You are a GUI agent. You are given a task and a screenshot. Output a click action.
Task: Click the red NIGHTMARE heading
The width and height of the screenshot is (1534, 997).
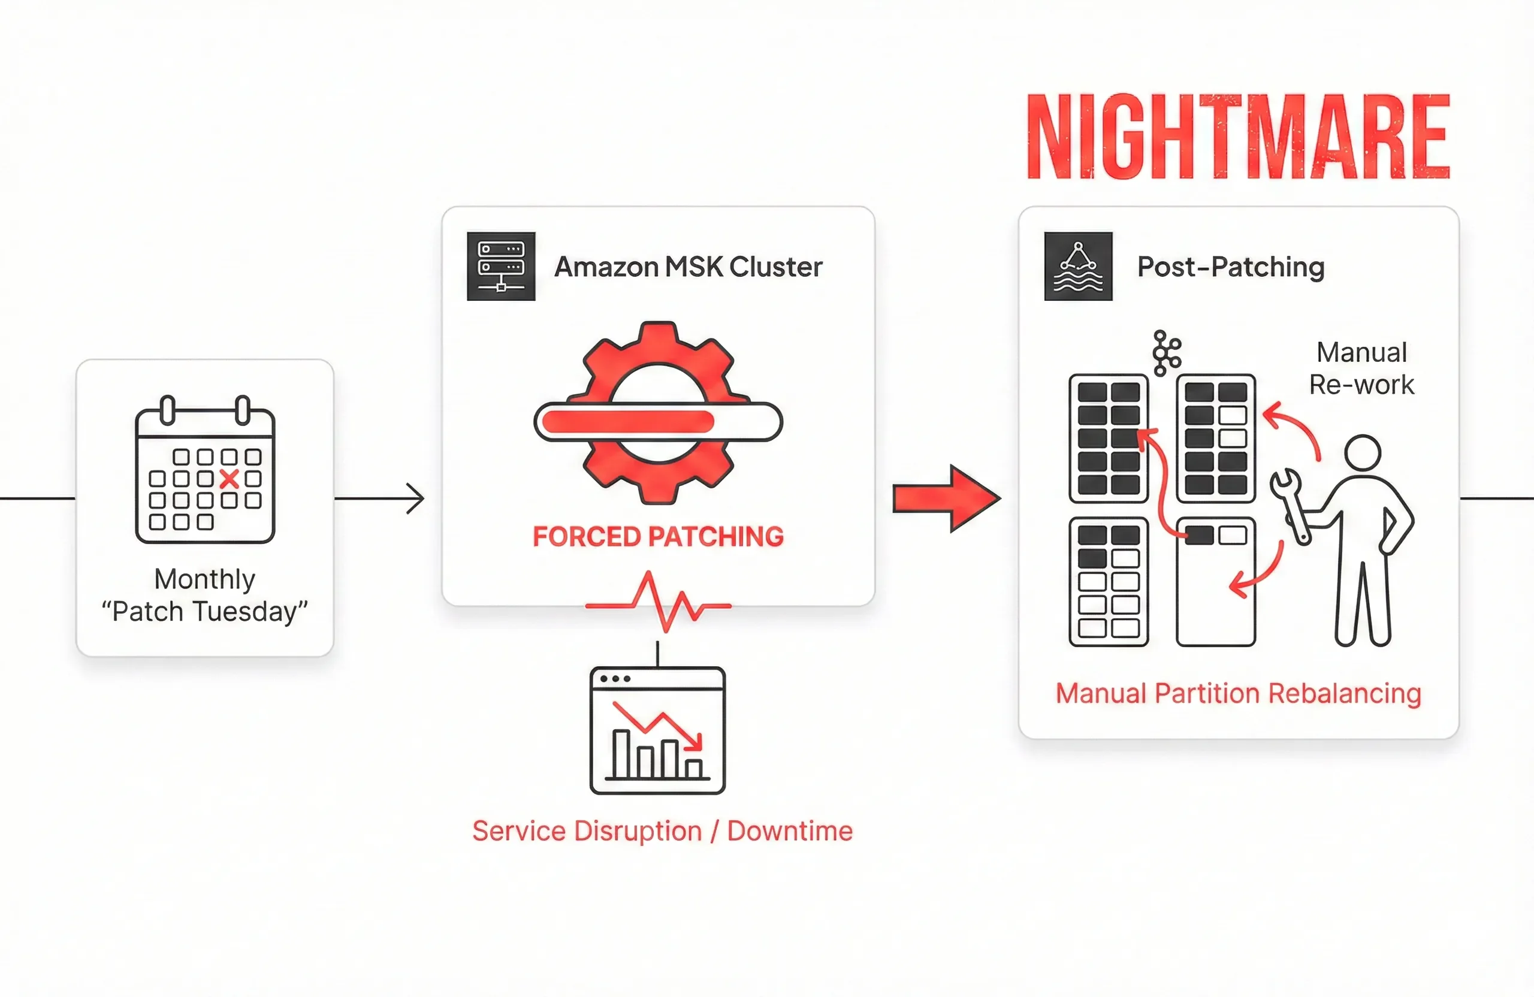click(1237, 137)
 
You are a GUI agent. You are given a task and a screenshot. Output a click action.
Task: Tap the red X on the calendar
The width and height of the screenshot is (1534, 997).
click(230, 479)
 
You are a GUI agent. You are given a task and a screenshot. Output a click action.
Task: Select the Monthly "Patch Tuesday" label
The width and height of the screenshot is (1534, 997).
click(205, 595)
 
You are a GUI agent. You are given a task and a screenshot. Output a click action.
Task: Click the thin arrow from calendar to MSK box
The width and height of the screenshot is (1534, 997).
click(381, 498)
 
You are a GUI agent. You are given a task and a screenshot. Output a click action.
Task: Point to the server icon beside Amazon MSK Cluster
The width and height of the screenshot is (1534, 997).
click(501, 266)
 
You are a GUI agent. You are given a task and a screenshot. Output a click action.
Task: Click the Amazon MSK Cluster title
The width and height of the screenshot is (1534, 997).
click(689, 267)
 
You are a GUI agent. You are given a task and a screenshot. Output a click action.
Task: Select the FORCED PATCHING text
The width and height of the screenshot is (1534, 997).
click(658, 536)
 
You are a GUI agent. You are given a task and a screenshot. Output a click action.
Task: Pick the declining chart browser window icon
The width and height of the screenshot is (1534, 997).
click(657, 730)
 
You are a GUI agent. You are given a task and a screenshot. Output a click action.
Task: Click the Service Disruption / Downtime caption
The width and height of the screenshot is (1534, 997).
click(662, 830)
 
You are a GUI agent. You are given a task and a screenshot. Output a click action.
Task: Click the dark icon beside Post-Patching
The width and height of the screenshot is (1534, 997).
click(1077, 266)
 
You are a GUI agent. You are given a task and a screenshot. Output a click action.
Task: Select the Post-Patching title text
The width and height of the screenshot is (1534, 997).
click(1230, 267)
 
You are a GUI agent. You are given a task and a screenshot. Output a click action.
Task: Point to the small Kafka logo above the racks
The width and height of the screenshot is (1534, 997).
click(1166, 353)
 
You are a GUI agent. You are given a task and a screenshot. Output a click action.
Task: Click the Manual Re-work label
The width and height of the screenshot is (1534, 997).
click(1361, 368)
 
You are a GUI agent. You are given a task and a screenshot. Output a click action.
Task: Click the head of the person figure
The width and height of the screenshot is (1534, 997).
click(1363, 452)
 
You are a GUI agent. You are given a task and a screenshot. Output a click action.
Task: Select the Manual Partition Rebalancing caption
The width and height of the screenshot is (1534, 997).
click(1238, 693)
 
